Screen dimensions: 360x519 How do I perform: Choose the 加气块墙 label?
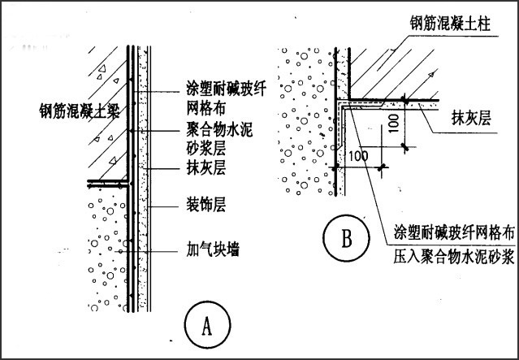(210, 245)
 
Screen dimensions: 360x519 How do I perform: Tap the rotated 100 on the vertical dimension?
(393, 124)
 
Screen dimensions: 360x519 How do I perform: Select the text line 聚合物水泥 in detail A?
(215, 130)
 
